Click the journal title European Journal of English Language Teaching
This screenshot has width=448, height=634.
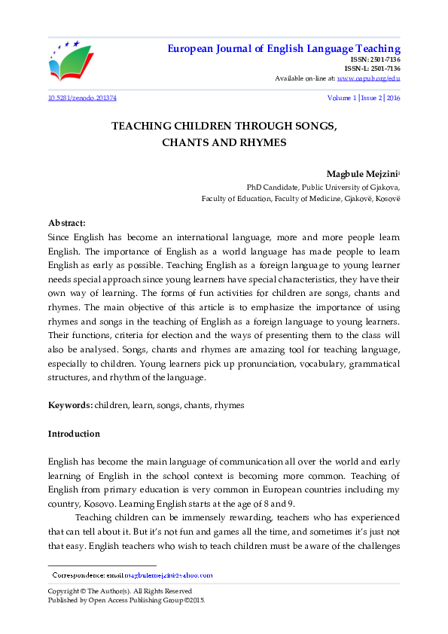pos(283,49)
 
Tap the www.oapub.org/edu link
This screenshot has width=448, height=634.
pos(368,78)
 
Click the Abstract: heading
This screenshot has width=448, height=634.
pos(67,223)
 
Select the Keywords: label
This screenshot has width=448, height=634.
pos(70,405)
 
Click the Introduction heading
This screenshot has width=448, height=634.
pos(74,434)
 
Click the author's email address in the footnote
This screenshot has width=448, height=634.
pos(169,575)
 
